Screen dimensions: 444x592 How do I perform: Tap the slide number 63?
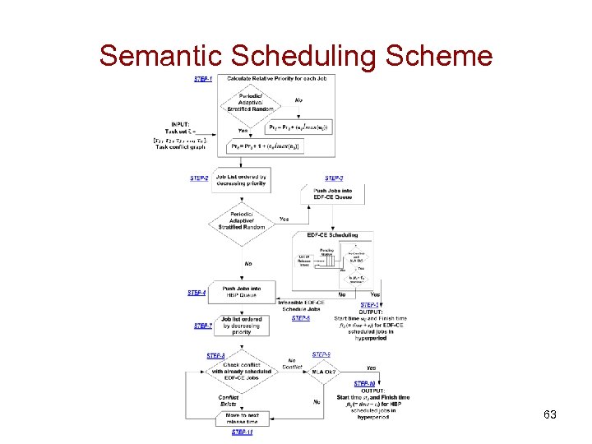pyautogui.click(x=550, y=414)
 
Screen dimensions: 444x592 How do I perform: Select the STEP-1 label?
pyautogui.click(x=203, y=79)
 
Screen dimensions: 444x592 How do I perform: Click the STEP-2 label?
pyautogui.click(x=199, y=178)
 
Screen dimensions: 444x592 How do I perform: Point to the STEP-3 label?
pyautogui.click(x=334, y=178)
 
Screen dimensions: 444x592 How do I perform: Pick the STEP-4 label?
pyautogui.click(x=196, y=292)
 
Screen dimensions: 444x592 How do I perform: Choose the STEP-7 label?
pyautogui.click(x=202, y=326)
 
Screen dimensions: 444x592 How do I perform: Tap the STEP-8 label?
pyautogui.click(x=215, y=355)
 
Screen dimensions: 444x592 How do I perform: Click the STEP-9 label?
pyautogui.click(x=321, y=354)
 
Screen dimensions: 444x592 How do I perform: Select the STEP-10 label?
pyautogui.click(x=365, y=383)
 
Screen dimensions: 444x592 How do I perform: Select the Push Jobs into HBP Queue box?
pyautogui.click(x=240, y=292)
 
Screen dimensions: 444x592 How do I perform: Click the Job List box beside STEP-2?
pyautogui.click(x=240, y=180)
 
